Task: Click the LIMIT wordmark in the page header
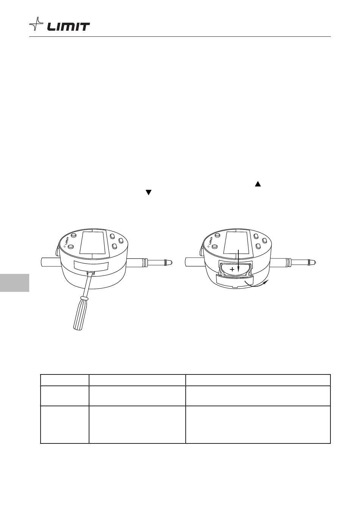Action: [x=69, y=27]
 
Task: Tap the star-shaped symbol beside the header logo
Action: [x=36, y=24]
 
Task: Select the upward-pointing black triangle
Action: [x=258, y=184]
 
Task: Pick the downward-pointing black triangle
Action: [x=149, y=193]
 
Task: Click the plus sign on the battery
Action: [x=232, y=269]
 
